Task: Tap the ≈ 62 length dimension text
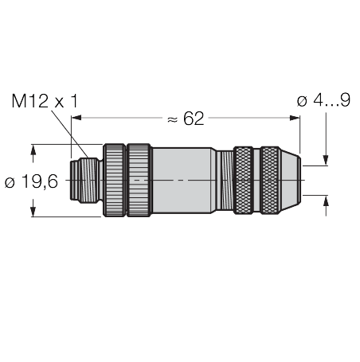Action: [185, 119]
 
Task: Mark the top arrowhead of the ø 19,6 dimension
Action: [33, 149]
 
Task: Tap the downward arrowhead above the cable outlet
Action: [325, 162]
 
